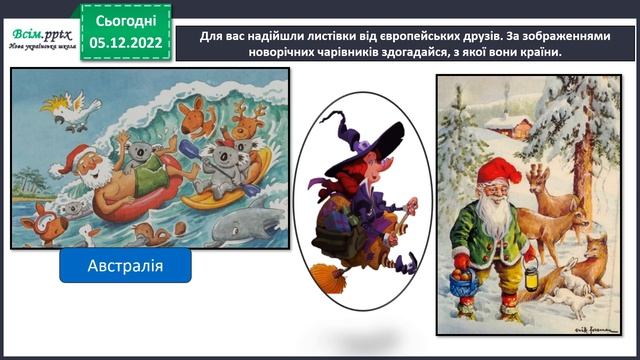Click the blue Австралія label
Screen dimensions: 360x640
125,267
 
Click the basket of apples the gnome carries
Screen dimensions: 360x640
462,282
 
